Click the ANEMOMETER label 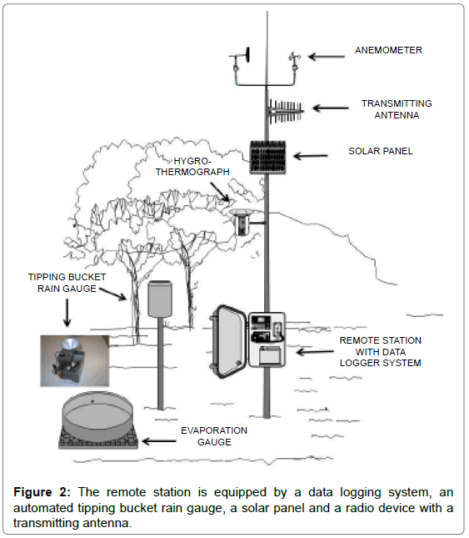388,50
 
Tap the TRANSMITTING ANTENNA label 397,109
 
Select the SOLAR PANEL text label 380,151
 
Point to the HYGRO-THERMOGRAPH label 192,167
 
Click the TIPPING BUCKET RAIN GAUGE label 67,283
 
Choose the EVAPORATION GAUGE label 214,436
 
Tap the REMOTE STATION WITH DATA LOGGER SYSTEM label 380,352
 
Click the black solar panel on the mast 268,157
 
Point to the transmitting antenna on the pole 285,111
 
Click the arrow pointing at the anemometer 327,57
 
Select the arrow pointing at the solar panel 311,156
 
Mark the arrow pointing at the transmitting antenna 331,108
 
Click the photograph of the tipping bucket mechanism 75,361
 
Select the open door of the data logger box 228,341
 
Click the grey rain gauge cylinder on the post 160,299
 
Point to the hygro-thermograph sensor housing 242,222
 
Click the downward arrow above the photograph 67,313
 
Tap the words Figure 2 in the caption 42,492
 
